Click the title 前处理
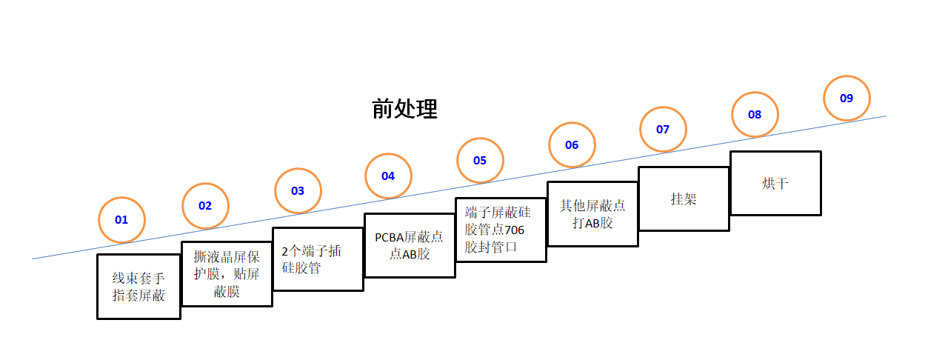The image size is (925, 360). pyautogui.click(x=404, y=109)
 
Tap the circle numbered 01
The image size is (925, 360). pyautogui.click(x=122, y=219)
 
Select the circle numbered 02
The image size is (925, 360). pyautogui.click(x=205, y=205)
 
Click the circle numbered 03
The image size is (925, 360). pyautogui.click(x=298, y=190)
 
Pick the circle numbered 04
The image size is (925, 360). pyautogui.click(x=388, y=176)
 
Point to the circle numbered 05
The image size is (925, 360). pyautogui.click(x=480, y=160)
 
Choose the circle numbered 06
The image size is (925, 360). pyautogui.click(x=572, y=144)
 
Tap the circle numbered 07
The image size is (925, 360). pyautogui.click(x=663, y=129)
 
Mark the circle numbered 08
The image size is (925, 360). pyautogui.click(x=755, y=114)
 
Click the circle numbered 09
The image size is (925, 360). pyautogui.click(x=846, y=98)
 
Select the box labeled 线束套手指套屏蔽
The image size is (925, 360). pyautogui.click(x=138, y=287)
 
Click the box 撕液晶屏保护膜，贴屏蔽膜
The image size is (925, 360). pyautogui.click(x=227, y=273)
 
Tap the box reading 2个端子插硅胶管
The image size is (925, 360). pyautogui.click(x=318, y=259)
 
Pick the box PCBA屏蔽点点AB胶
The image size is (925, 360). pyautogui.click(x=410, y=245)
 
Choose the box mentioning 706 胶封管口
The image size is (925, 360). pyautogui.click(x=501, y=230)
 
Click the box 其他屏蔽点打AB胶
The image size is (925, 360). pyautogui.click(x=592, y=214)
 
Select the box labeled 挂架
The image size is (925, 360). pyautogui.click(x=684, y=199)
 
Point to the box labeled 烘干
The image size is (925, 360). pyautogui.click(x=775, y=183)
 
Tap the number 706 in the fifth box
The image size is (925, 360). pyautogui.click(x=513, y=230)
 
